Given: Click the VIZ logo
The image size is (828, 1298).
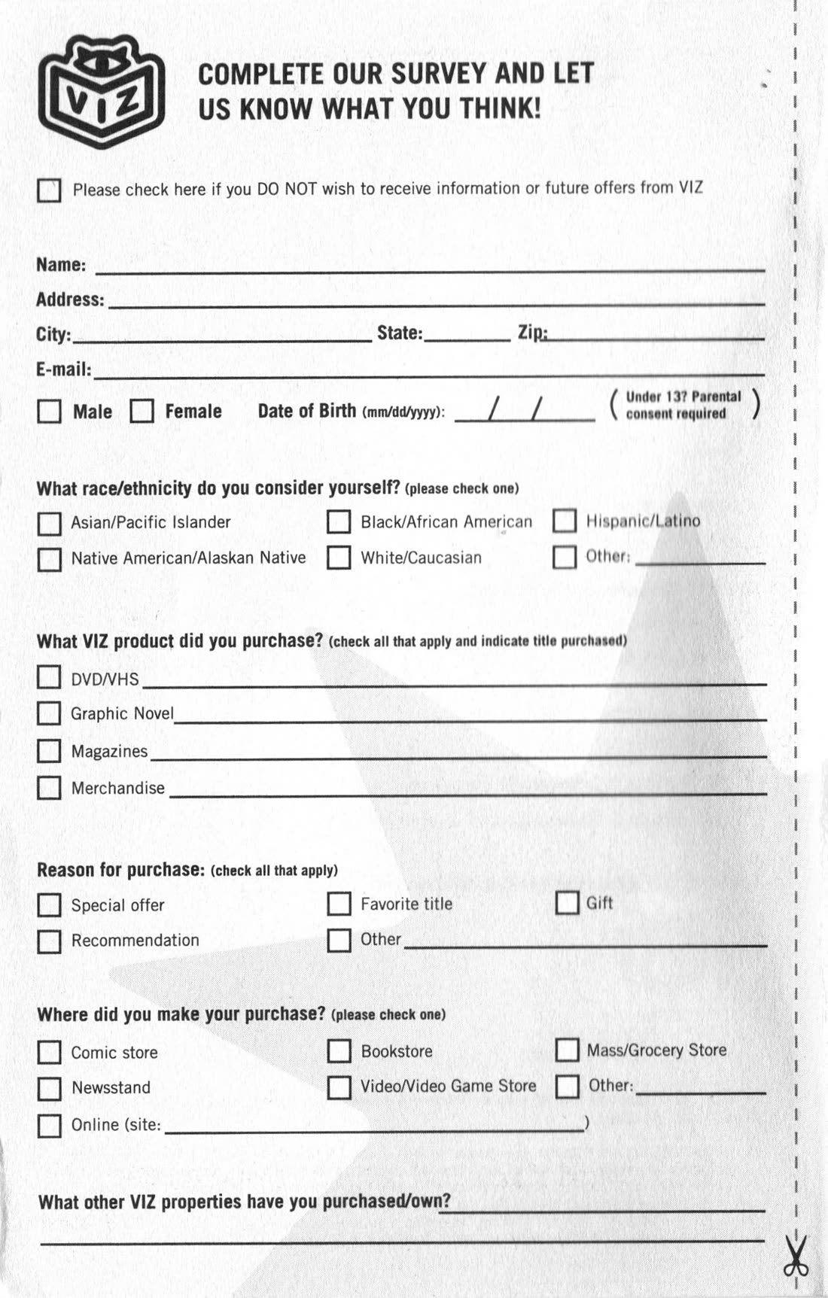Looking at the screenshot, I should point(101,91).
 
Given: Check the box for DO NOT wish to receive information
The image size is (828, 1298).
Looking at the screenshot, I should point(49,190).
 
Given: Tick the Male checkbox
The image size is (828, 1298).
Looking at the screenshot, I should point(49,411).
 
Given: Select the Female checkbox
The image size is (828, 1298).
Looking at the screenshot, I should point(142,411).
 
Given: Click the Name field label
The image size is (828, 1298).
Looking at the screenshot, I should point(61,265).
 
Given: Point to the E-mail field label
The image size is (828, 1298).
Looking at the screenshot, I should point(64,369).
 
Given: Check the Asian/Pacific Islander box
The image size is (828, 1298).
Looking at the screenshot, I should point(49,523).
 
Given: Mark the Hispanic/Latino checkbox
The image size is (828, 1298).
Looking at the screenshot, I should point(565,521).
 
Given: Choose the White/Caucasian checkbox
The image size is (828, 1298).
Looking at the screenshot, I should point(339,558).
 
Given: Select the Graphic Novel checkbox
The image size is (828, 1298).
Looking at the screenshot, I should point(49,713).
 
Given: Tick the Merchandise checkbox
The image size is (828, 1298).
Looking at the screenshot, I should point(49,788).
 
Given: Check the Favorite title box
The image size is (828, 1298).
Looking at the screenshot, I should point(339,904).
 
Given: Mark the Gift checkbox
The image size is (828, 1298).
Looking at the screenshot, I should point(567,902).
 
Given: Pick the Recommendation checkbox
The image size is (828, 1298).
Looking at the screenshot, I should point(49,941).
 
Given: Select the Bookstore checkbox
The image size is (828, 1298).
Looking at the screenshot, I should point(339,1051).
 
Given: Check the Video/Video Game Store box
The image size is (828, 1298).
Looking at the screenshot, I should point(339,1087).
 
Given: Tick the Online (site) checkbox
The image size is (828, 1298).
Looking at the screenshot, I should point(49,1126).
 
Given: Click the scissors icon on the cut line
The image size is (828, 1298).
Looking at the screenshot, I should point(796,1256).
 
